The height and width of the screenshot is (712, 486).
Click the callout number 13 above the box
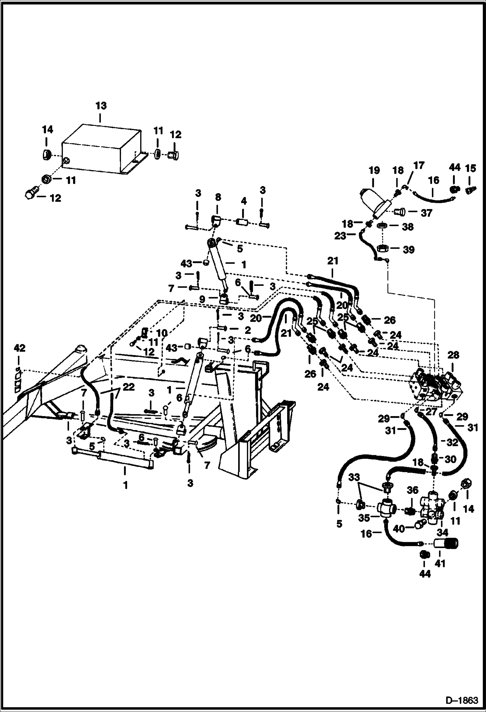click(101, 106)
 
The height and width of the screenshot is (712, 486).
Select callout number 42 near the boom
click(19, 348)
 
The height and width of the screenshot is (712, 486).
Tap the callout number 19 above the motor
click(374, 170)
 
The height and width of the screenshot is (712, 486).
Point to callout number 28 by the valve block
click(453, 355)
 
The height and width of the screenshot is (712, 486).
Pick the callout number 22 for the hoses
click(128, 387)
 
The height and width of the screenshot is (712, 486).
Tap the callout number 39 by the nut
click(408, 250)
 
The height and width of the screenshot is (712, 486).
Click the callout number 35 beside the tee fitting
click(364, 518)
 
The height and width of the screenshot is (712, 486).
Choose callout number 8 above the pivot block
click(218, 197)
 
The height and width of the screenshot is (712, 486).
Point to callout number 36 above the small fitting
click(412, 490)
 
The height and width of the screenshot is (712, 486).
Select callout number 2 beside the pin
click(248, 331)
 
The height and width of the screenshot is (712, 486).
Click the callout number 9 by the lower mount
click(202, 299)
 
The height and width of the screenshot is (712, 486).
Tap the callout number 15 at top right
click(471, 168)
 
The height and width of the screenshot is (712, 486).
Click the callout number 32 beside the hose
click(452, 442)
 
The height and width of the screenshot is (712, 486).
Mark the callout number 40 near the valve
click(399, 529)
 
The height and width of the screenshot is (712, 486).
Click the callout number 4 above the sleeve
click(244, 201)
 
